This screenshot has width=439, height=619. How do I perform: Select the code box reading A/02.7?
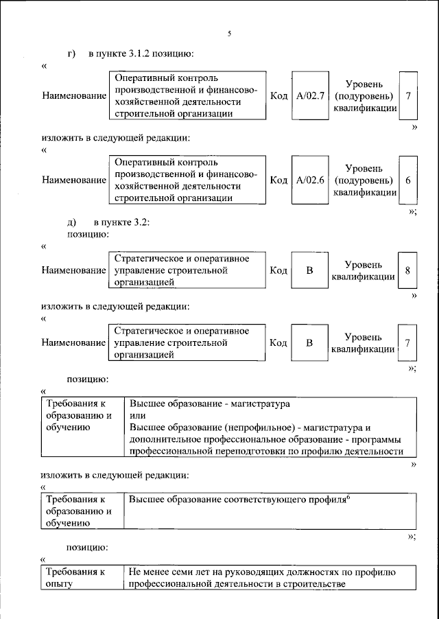click(x=310, y=96)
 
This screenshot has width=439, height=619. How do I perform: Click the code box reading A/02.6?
click(x=310, y=180)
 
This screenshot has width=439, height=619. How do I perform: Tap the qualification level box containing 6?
click(x=407, y=180)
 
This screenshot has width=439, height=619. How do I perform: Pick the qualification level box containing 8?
click(x=407, y=270)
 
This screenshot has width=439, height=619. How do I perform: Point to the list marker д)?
click(x=71, y=223)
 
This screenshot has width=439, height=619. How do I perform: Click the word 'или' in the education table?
click(x=137, y=416)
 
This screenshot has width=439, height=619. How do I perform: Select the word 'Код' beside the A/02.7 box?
click(x=278, y=96)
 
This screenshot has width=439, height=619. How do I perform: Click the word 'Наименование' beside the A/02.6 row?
click(x=73, y=180)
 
